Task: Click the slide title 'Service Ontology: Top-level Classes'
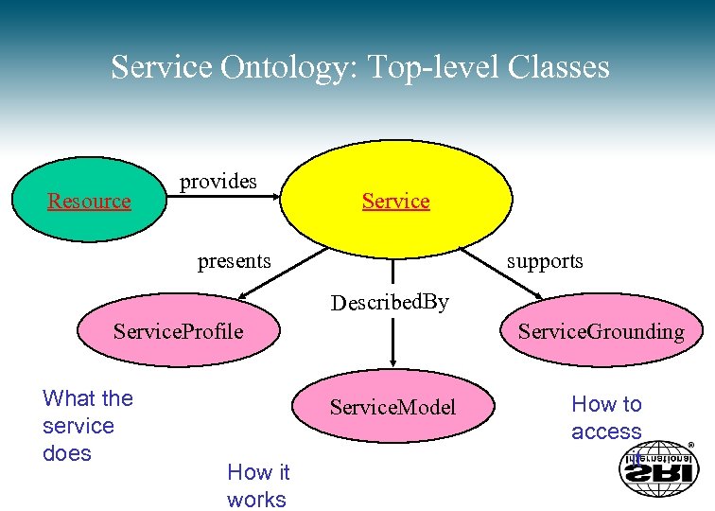tap(359, 67)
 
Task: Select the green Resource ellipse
tap(89, 201)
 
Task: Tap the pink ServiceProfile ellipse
tap(178, 331)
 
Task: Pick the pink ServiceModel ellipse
tap(392, 407)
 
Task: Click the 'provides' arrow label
tap(218, 181)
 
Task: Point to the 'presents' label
tap(234, 260)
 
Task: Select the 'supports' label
tap(545, 260)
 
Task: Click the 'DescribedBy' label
tap(390, 303)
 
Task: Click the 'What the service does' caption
tap(87, 426)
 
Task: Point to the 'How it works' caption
tap(258, 485)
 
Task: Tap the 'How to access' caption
tap(606, 417)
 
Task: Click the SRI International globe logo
tap(658, 467)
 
